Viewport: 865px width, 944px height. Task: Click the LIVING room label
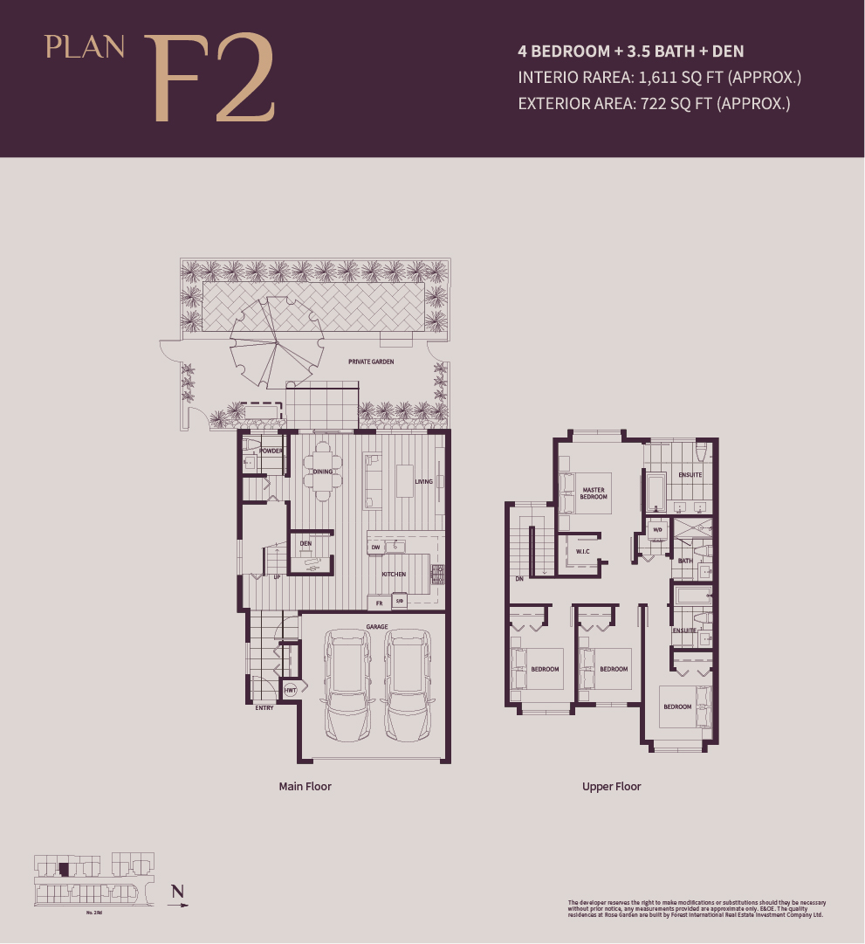(x=423, y=481)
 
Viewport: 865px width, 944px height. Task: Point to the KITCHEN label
(x=394, y=574)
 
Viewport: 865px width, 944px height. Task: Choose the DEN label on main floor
(x=305, y=543)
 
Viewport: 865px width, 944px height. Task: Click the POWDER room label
(x=271, y=451)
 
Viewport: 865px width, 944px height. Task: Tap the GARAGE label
(x=376, y=626)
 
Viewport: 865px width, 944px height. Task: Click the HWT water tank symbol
(x=290, y=690)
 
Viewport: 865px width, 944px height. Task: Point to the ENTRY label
(x=264, y=707)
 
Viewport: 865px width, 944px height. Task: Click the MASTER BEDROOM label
(x=594, y=493)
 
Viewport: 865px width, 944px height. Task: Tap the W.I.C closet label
(x=583, y=551)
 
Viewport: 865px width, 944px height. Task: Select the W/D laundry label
(x=657, y=529)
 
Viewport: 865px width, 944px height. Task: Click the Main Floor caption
(x=305, y=786)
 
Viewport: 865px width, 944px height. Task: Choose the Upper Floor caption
(x=611, y=786)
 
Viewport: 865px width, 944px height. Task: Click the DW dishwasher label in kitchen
(x=375, y=547)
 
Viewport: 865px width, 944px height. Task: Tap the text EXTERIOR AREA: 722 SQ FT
(x=654, y=103)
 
